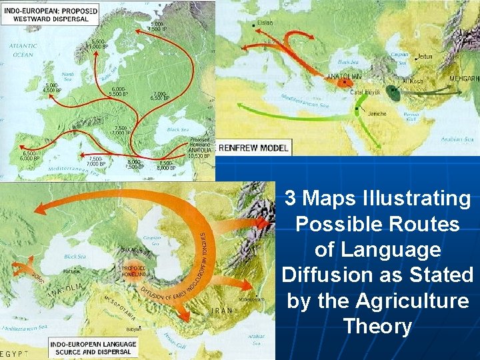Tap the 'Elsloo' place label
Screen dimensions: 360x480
[265, 23]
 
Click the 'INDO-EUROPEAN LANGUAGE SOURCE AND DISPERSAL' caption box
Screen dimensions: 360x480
[92, 347]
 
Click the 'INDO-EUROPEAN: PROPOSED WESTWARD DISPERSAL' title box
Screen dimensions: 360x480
[49, 14]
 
